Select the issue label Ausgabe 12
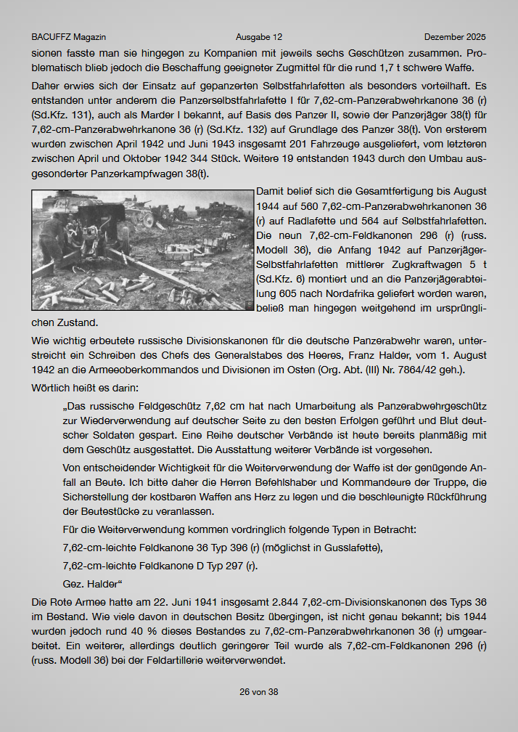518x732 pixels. click(x=259, y=37)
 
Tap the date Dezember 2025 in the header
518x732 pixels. click(x=455, y=37)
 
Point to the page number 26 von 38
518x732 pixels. click(x=259, y=692)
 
